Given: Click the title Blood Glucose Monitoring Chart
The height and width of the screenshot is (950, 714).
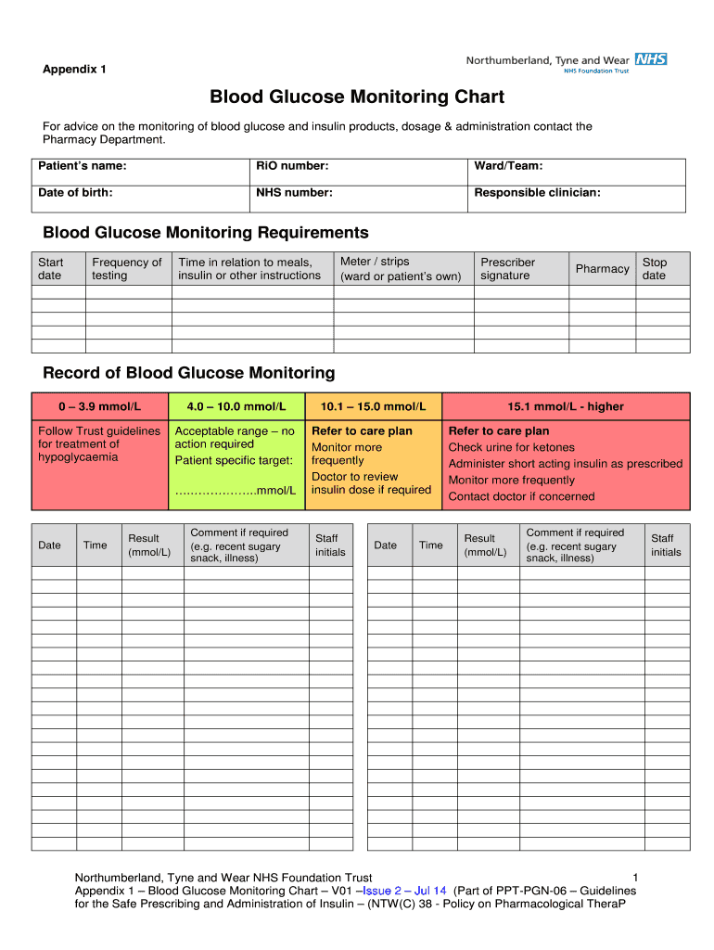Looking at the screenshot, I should (357, 96).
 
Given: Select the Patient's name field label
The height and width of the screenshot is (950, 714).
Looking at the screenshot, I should (83, 166).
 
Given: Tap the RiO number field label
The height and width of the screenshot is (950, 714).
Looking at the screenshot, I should (293, 166).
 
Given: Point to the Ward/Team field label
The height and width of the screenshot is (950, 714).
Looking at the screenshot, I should (508, 166).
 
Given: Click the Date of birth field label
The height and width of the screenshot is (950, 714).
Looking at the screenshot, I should (76, 193).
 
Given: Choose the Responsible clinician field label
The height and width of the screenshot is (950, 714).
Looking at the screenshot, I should (537, 193).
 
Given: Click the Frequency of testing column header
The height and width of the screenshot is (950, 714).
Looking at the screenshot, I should (127, 269).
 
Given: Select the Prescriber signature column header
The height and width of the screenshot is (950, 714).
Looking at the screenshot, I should (507, 269).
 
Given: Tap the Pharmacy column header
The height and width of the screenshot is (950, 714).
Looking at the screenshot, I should (602, 269).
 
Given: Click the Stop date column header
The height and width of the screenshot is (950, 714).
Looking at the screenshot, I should (655, 269).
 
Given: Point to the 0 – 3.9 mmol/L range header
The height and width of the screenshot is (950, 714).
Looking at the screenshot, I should (99, 406).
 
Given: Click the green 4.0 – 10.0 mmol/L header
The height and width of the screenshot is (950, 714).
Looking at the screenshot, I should (236, 406).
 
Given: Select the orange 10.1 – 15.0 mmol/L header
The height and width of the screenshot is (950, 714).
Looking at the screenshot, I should (373, 406).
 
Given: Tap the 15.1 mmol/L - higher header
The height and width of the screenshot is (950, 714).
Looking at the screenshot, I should (566, 406).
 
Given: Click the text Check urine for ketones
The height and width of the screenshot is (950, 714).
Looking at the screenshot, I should (511, 447).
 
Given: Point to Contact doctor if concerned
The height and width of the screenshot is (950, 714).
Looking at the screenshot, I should (521, 496).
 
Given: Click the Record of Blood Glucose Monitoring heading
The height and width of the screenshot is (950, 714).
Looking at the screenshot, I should (189, 373).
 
